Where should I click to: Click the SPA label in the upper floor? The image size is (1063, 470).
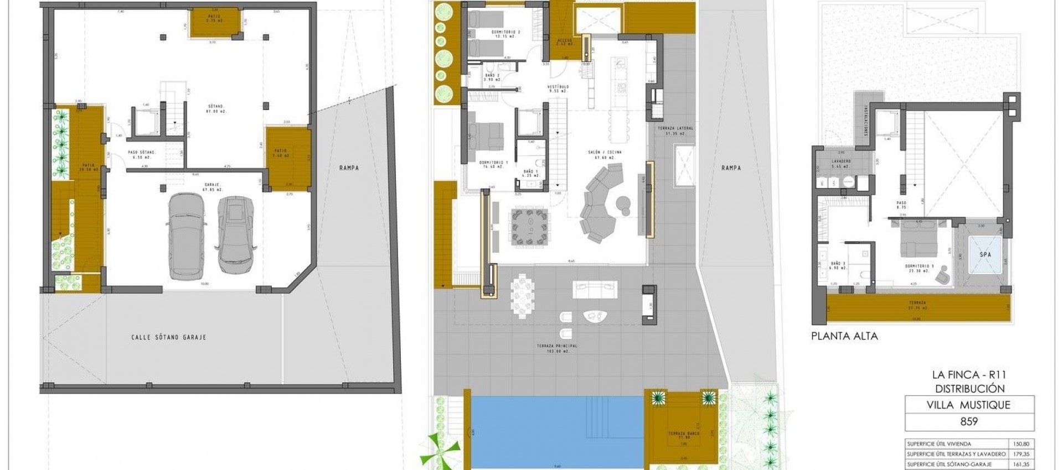pyautogui.click(x=985, y=255)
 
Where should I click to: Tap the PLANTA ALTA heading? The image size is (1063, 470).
pyautogui.click(x=844, y=336)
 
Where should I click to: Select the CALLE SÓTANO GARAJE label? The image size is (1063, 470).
pyautogui.click(x=168, y=337)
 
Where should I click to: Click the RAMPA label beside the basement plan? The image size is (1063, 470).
pyautogui.click(x=349, y=168)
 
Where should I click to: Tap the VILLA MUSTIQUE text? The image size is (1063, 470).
pyautogui.click(x=968, y=405)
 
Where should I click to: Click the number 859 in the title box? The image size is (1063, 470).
pyautogui.click(x=968, y=421)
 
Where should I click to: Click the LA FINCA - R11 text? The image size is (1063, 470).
pyautogui.click(x=968, y=375)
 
